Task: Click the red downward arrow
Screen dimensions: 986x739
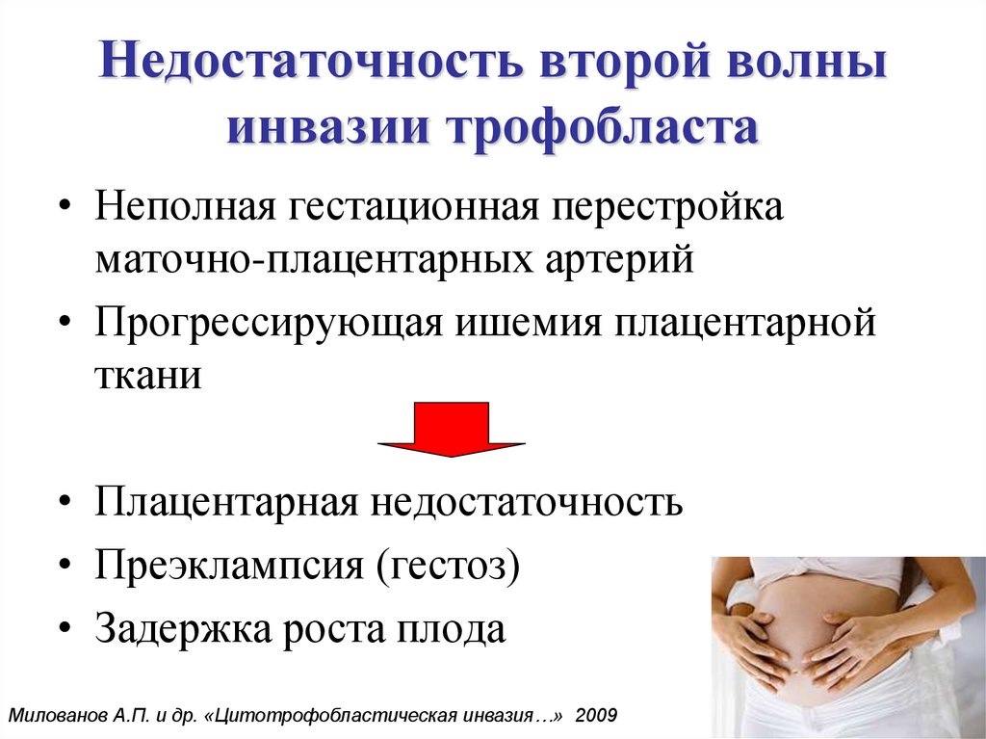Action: pos(452,430)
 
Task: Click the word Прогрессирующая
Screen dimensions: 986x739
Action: pos(269,324)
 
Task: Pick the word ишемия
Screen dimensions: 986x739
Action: pos(529,324)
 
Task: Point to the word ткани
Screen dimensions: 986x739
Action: pos(148,376)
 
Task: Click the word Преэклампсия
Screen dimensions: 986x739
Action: pos(229,565)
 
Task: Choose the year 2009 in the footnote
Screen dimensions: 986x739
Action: pos(596,715)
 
